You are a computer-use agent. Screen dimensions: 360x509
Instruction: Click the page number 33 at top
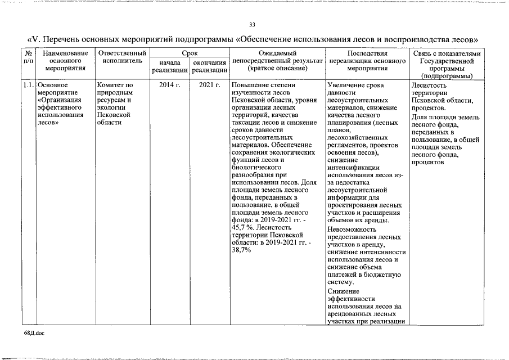(x=253, y=24)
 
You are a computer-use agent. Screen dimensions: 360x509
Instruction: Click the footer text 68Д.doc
(x=34, y=333)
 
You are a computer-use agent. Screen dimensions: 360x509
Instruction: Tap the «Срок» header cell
(x=189, y=53)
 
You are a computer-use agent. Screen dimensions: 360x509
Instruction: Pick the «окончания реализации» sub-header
(x=209, y=66)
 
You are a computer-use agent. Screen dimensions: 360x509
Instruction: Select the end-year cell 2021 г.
(x=209, y=85)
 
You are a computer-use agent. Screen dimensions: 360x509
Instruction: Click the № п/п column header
(x=29, y=57)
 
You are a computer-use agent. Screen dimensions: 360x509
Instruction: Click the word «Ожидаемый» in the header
(x=277, y=53)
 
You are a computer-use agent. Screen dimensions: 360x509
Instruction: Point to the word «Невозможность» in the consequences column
(x=353, y=229)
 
